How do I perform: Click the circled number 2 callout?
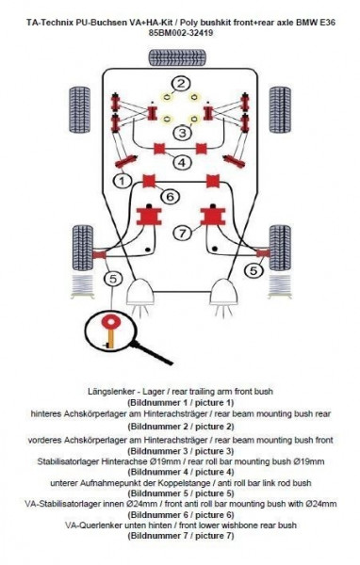[181, 83]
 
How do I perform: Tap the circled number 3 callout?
[183, 132]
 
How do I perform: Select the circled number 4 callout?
[182, 162]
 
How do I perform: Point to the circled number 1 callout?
[123, 180]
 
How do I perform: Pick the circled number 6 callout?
[171, 197]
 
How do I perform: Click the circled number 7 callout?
[183, 233]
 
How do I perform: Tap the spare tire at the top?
[177, 57]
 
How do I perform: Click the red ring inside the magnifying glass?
[111, 321]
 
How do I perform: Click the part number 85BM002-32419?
[180, 33]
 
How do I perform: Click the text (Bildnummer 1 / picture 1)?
[180, 402]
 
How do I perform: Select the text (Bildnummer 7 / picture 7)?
[180, 536]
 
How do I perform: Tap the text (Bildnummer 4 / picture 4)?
[180, 472]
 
